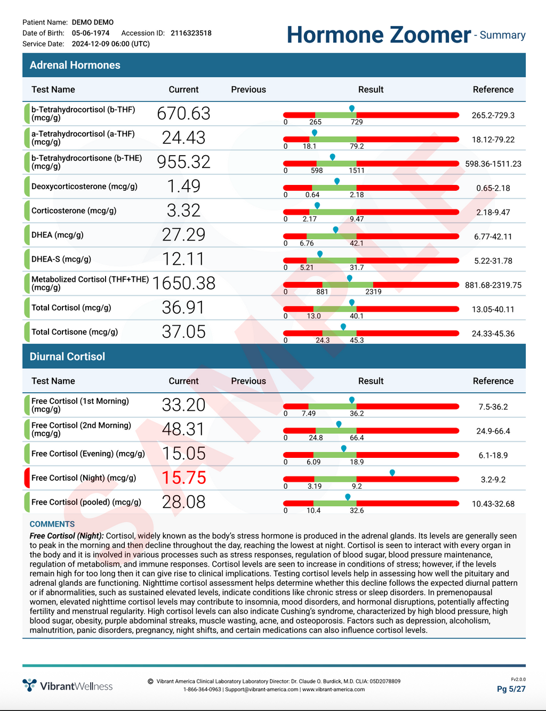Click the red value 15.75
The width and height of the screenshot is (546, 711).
(x=183, y=478)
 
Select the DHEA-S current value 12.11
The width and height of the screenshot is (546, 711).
(x=183, y=259)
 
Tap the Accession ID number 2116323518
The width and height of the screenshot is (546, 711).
(x=191, y=33)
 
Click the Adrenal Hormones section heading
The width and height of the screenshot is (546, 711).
(x=75, y=65)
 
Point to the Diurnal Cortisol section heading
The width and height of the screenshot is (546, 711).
(x=67, y=357)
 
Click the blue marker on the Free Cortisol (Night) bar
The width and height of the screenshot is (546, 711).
(x=392, y=473)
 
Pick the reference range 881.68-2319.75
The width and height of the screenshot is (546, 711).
(x=493, y=285)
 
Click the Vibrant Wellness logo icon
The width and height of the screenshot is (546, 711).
(x=29, y=685)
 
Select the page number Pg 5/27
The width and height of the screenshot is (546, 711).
(x=511, y=689)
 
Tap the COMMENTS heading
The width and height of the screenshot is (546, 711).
(x=52, y=524)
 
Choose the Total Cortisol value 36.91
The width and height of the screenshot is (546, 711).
(x=183, y=308)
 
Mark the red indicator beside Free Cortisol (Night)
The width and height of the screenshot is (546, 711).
(x=27, y=478)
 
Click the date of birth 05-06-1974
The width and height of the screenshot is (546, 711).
(x=91, y=33)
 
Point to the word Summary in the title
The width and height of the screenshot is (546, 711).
(x=502, y=35)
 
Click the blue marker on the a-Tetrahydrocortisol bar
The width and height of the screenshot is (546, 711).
(x=314, y=133)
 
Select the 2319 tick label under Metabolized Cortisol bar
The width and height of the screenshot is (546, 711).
(x=373, y=292)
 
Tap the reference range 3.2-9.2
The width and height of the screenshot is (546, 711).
(x=493, y=479)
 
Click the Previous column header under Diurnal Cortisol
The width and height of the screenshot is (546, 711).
(x=248, y=381)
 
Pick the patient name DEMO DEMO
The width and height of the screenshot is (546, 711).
(x=93, y=22)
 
